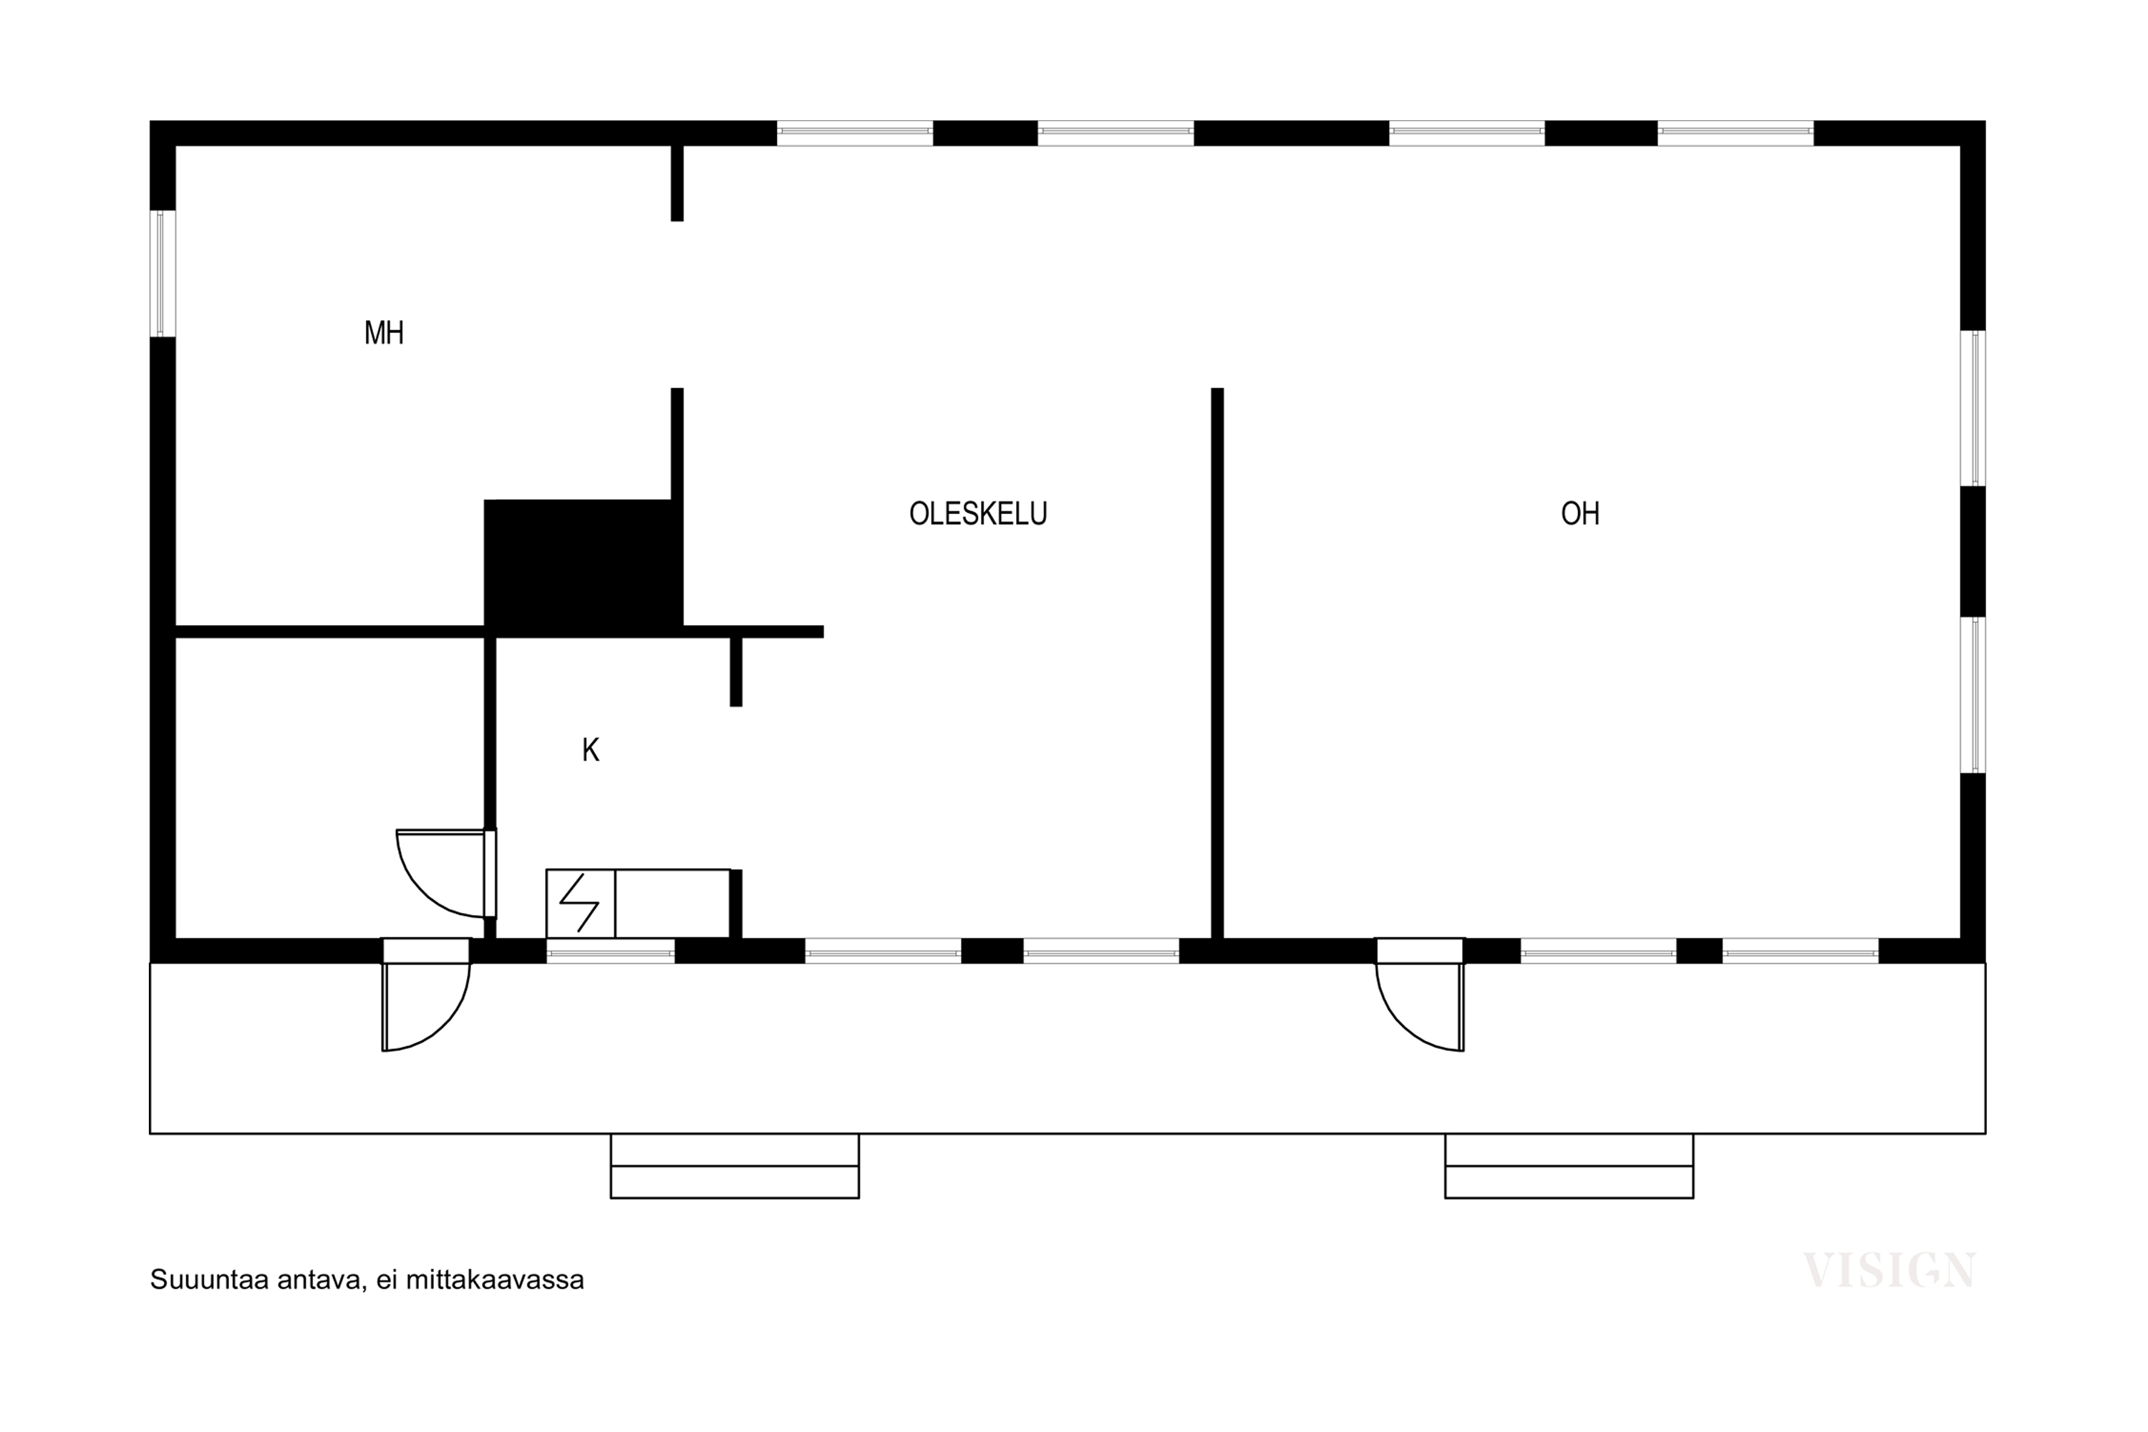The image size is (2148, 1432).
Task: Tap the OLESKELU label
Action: point(978,513)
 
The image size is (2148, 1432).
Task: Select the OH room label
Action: point(1580,513)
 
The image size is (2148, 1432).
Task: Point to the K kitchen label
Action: point(591,750)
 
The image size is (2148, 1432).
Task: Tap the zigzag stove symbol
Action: point(579,903)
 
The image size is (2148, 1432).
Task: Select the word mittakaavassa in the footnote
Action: point(494,1279)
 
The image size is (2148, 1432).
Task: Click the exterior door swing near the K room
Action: point(425,1007)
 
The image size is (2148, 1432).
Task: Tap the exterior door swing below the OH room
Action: point(1420,1007)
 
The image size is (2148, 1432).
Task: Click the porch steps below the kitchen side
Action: point(735,1166)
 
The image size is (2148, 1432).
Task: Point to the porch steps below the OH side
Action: point(1569,1166)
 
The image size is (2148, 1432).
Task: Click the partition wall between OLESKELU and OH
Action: point(1217,663)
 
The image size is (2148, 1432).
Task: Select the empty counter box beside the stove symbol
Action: point(672,903)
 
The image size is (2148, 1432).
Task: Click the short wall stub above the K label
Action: point(736,672)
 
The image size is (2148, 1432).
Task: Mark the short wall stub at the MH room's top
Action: point(677,183)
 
